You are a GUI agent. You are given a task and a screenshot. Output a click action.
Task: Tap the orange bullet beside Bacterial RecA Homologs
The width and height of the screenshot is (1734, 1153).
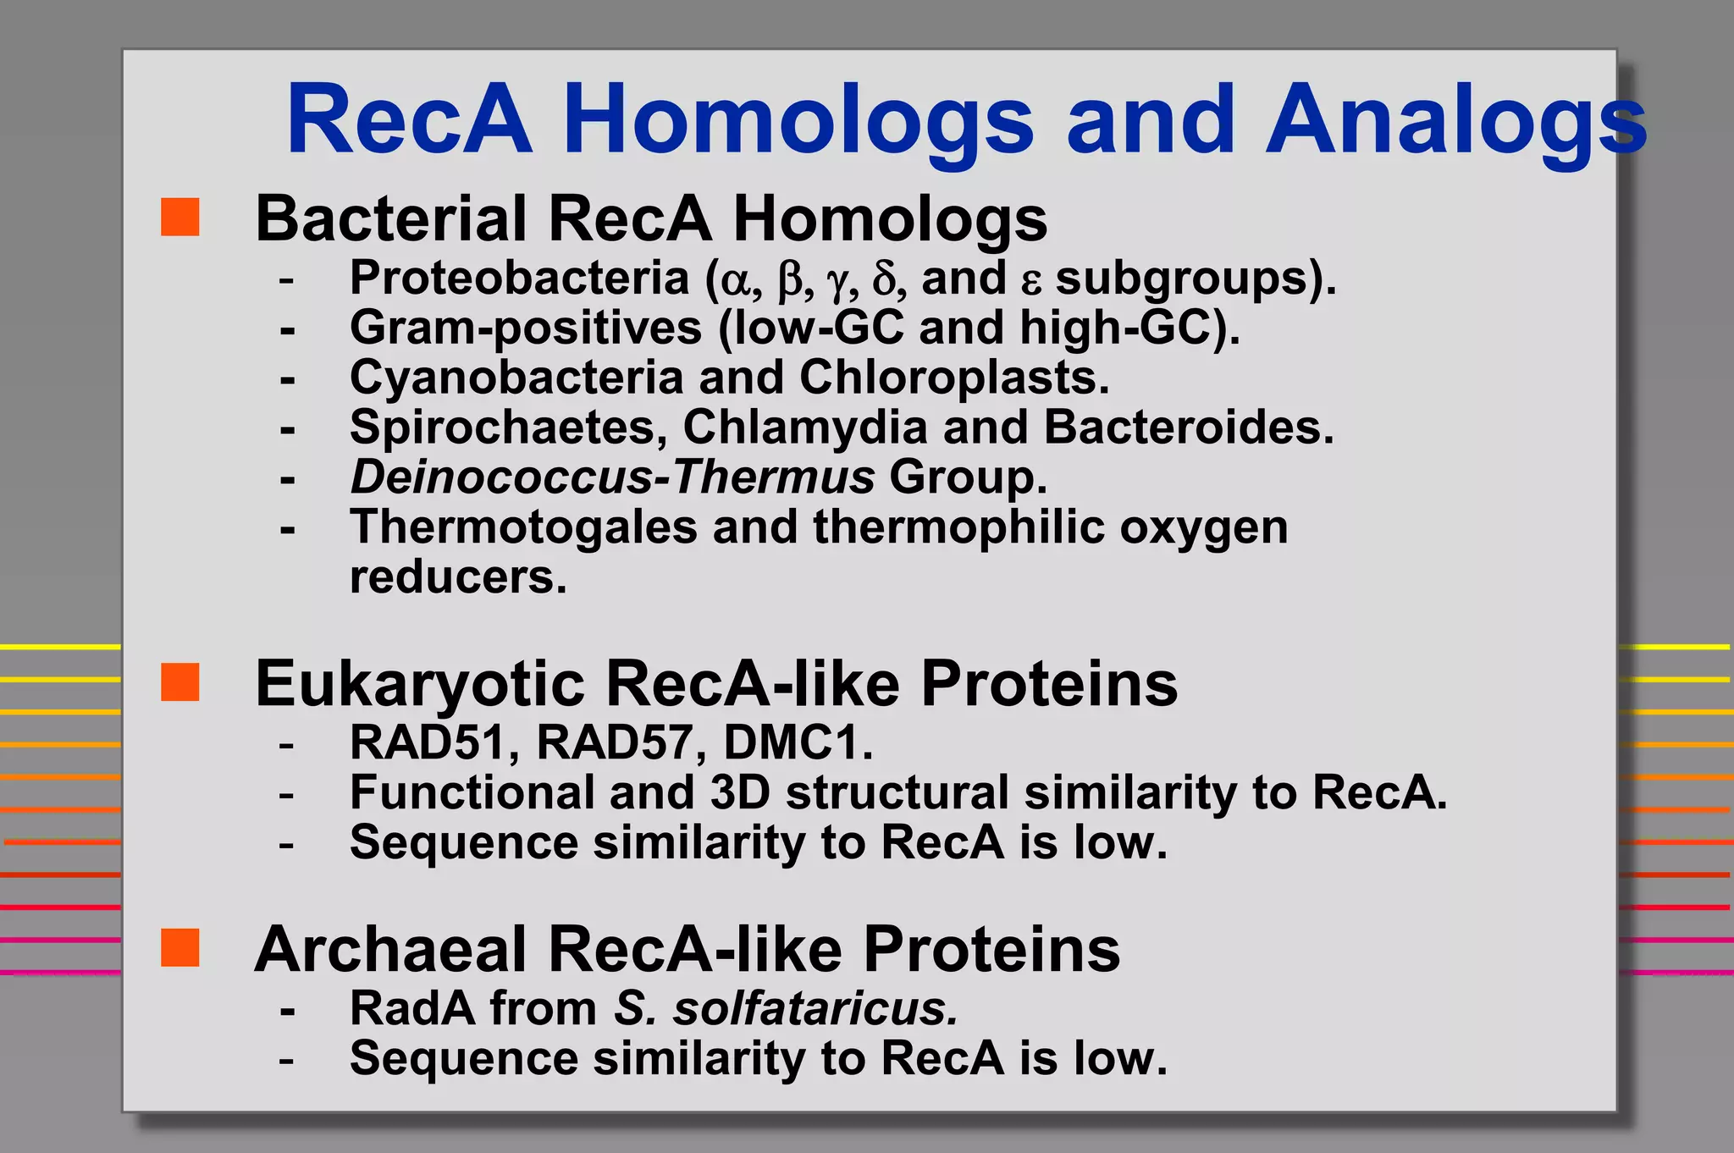coord(180,217)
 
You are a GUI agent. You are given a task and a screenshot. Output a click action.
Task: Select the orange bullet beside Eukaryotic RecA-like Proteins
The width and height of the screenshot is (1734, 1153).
coord(180,682)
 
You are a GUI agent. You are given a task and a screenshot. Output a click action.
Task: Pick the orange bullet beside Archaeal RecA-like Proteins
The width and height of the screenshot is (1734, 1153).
coord(180,947)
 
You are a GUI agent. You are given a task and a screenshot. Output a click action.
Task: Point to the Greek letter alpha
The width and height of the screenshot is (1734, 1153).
coord(735,281)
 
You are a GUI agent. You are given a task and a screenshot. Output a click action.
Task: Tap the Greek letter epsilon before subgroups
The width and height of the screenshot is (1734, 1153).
coord(1030,283)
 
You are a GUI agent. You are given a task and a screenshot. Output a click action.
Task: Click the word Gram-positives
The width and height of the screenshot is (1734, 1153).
coord(525,328)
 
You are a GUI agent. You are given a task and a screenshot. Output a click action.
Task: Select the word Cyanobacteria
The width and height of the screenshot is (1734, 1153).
coord(516,377)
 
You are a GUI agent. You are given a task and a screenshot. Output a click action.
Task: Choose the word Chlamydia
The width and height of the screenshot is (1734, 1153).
coord(804,427)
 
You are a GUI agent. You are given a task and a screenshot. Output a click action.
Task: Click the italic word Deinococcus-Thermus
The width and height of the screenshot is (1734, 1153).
coord(611,477)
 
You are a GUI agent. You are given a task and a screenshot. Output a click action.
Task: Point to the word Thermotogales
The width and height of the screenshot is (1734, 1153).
coord(523,527)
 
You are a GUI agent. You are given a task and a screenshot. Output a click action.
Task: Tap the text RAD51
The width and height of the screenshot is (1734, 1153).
coord(428,742)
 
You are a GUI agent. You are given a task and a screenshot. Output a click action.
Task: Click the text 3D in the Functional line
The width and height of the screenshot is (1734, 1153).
coord(740,792)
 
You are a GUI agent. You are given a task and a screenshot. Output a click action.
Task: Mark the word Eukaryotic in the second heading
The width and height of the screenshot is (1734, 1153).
coord(419,684)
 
